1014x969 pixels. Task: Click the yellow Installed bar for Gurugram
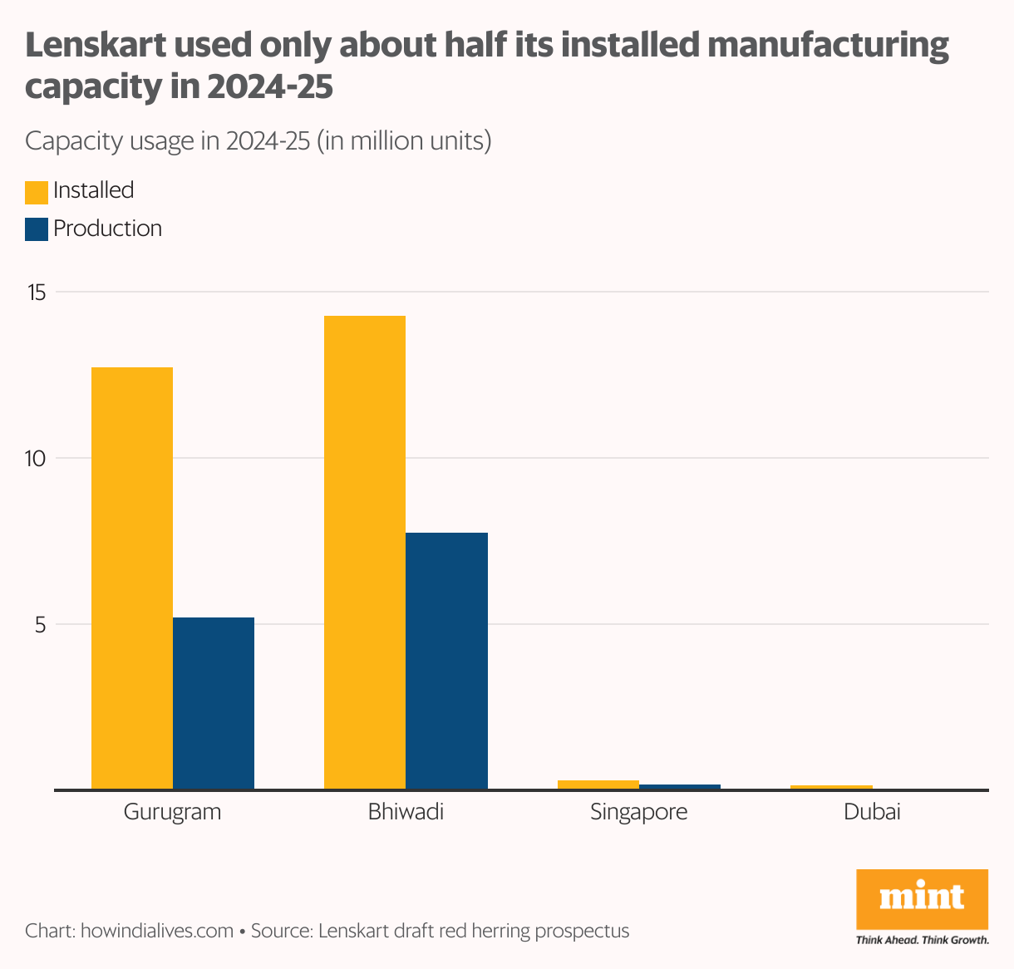[x=131, y=578]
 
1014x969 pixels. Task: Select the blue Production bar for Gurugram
[x=214, y=703]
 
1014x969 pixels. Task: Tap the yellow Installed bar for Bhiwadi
[x=365, y=552]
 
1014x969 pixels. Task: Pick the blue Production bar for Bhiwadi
[x=446, y=661]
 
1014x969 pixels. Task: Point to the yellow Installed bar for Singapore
[x=598, y=785]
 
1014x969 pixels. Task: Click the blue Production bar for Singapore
[x=679, y=786]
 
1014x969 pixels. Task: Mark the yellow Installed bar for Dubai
[x=831, y=787]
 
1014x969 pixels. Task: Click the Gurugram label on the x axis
[x=172, y=812]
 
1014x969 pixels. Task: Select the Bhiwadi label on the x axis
[x=406, y=812]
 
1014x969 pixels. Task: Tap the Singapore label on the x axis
[x=638, y=812]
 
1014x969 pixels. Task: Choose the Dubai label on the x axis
[x=872, y=812]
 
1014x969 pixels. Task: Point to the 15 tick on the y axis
[x=37, y=293]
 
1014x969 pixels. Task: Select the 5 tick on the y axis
[x=41, y=624]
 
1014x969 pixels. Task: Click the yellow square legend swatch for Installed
[x=37, y=192]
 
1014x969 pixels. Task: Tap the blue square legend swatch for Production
[x=37, y=229]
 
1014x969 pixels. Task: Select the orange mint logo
[x=922, y=899]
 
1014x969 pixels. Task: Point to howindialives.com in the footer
[x=156, y=931]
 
